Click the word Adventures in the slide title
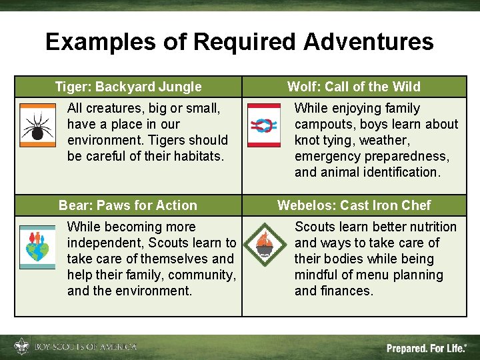pos(368,42)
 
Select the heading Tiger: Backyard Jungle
pos(128,87)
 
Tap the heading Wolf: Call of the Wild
pos(353,87)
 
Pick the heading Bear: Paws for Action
pos(128,205)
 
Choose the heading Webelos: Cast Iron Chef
pos(353,205)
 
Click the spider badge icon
pos(38,125)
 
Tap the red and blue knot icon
pos(263,125)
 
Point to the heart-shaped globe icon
pos(37,247)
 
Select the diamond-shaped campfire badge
pos(265,245)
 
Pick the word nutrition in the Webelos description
pos(431,227)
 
